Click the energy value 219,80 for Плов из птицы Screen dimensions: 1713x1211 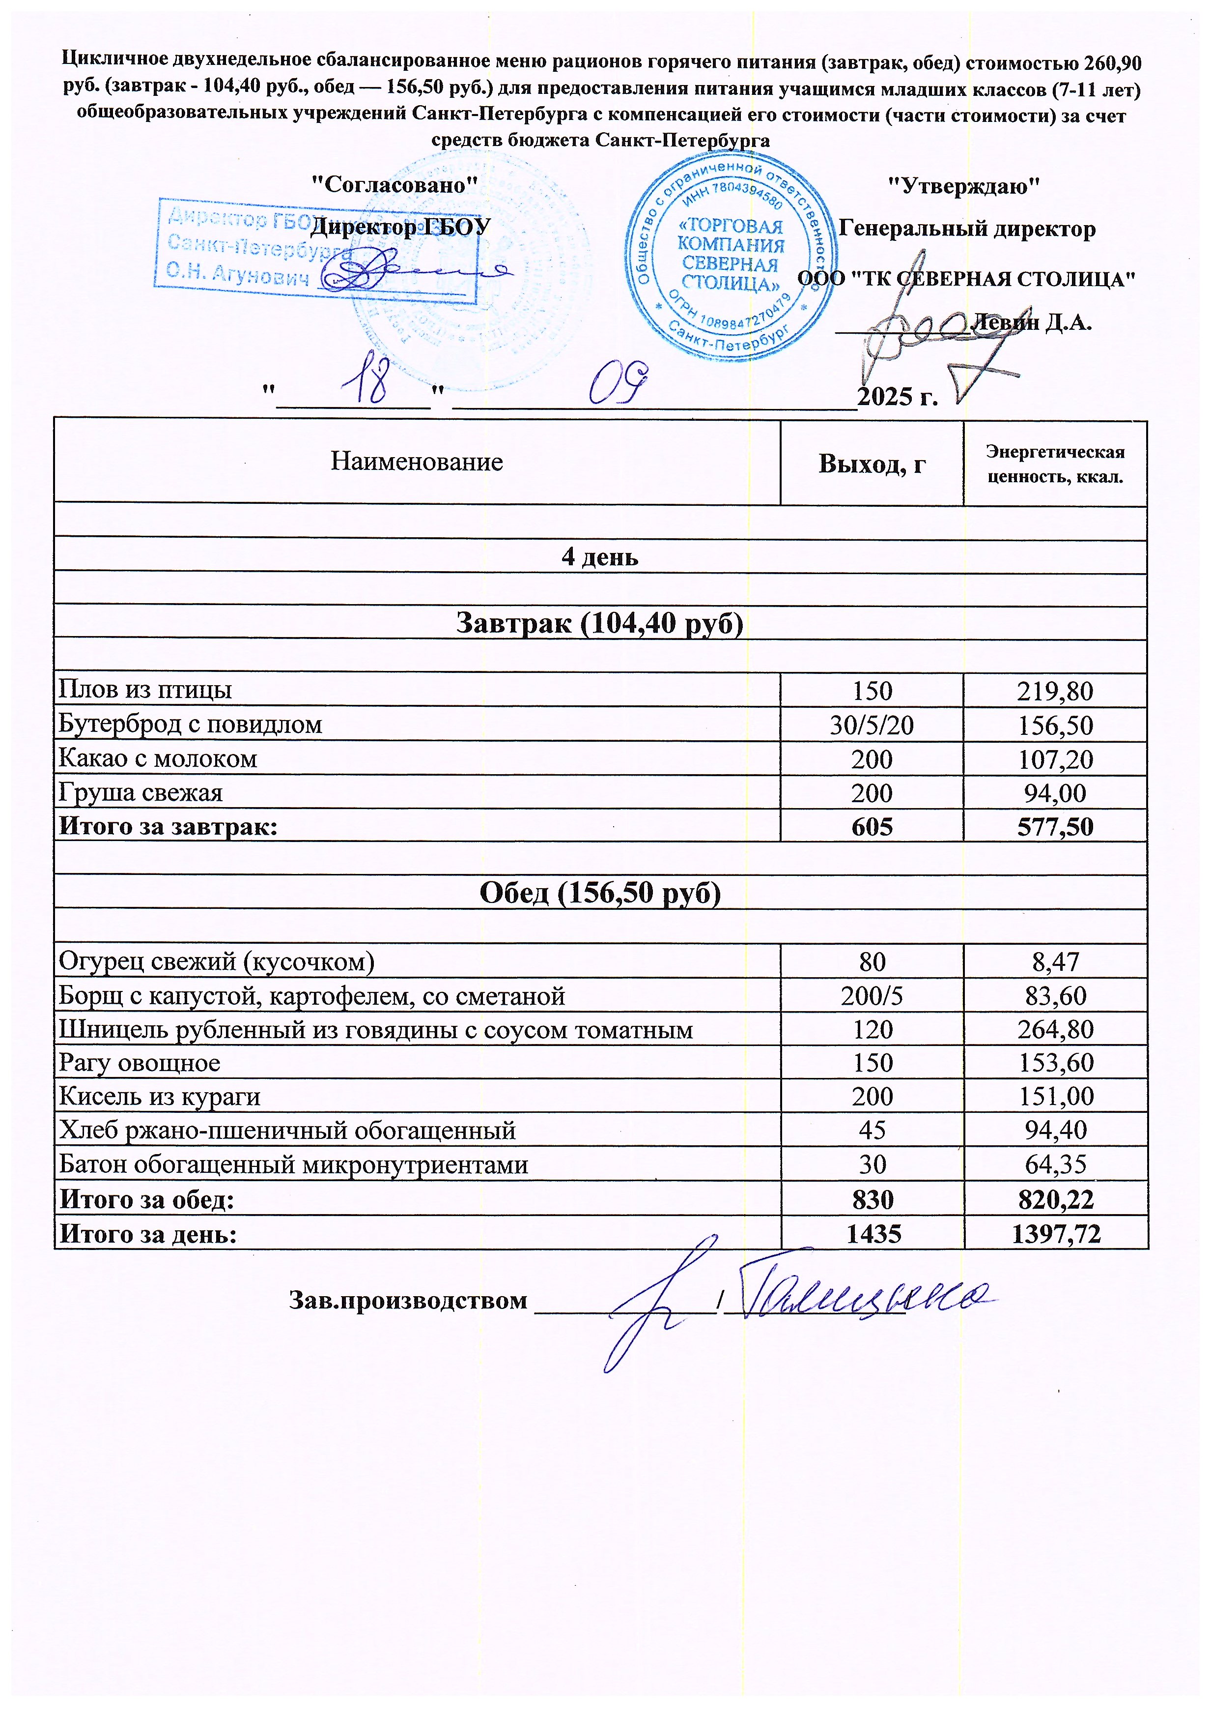click(1054, 691)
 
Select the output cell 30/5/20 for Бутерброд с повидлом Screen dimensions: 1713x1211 click(871, 725)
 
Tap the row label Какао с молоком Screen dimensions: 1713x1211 click(158, 759)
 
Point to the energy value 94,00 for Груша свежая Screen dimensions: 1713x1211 click(1054, 793)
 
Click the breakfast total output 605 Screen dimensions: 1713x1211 click(871, 827)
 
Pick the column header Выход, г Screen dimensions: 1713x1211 click(871, 464)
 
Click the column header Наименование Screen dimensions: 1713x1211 click(416, 462)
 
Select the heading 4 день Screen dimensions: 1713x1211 click(599, 557)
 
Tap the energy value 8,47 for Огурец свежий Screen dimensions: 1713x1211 click(1054, 962)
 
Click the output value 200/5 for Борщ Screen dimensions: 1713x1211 click(871, 996)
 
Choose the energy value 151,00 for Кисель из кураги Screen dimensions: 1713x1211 click(1054, 1097)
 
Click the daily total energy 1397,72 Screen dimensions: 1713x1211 click(1054, 1234)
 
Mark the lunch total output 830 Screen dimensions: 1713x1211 click(871, 1200)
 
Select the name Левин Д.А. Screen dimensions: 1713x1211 click(1032, 322)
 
